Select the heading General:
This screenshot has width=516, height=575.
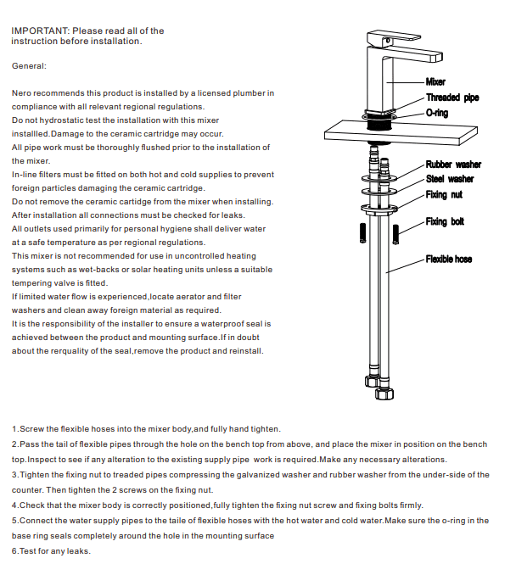click(29, 65)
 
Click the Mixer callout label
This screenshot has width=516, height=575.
click(435, 82)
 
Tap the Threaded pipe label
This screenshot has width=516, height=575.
click(451, 98)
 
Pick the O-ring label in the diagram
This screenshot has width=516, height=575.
click(437, 113)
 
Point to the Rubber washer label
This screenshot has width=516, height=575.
click(453, 165)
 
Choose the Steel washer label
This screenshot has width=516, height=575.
click(450, 179)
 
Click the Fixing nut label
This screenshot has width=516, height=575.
click(444, 194)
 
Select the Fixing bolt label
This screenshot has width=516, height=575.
click(445, 222)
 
